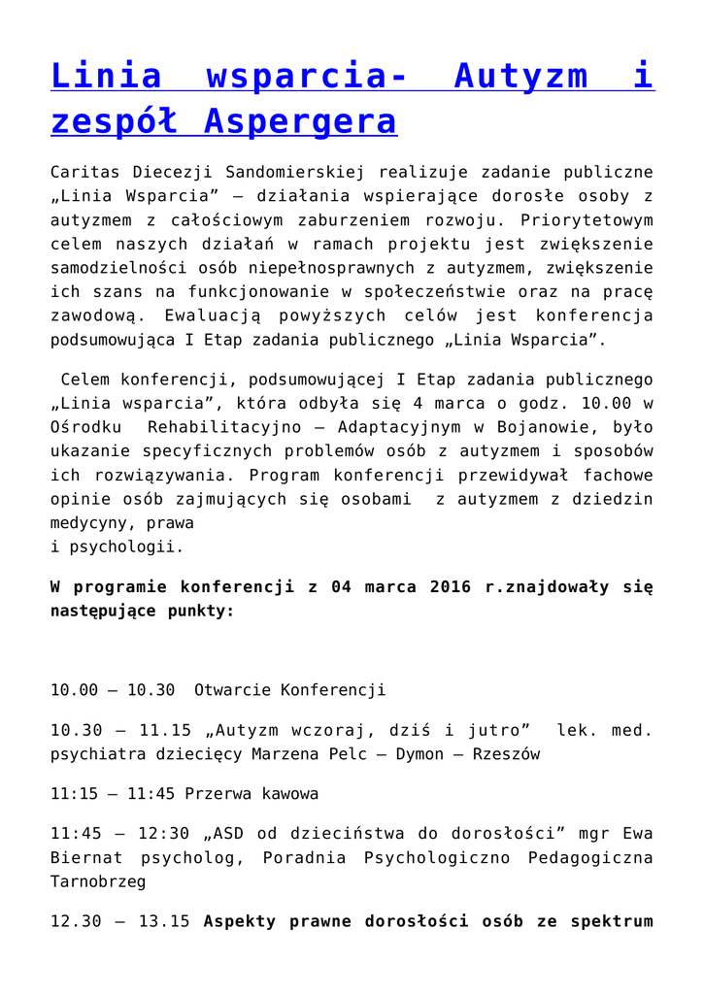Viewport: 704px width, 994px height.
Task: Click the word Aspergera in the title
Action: click(301, 122)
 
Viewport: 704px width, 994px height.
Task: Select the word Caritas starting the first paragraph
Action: click(83, 173)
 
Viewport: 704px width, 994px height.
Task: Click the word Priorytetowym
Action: click(591, 220)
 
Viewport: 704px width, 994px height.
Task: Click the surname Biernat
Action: click(86, 858)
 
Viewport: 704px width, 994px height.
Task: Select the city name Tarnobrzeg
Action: click(98, 881)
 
